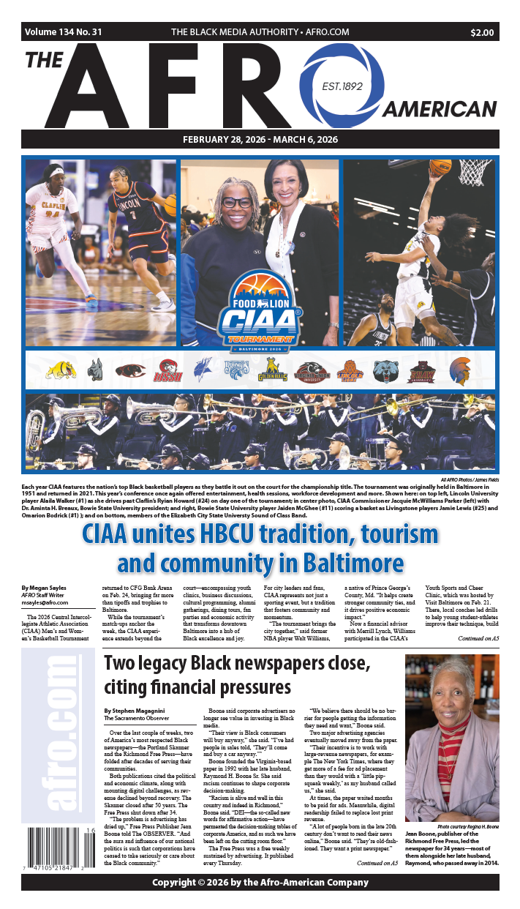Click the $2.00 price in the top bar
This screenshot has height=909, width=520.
click(481, 32)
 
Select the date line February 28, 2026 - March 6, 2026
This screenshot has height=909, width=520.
click(260, 139)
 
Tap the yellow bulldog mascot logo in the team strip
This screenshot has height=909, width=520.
click(61, 370)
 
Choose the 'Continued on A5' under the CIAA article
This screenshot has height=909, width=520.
click(478, 638)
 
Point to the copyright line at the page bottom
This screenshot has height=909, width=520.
click(260, 883)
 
